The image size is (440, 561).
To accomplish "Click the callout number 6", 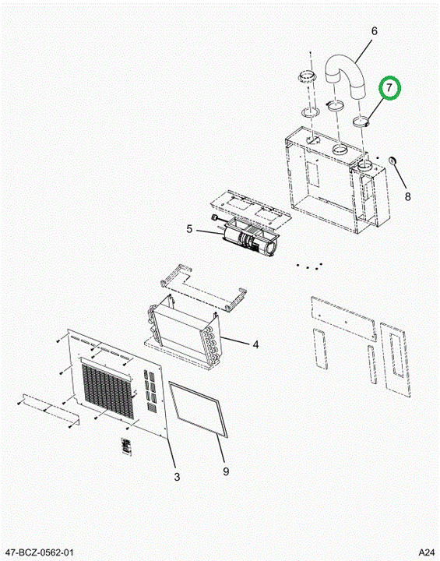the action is [x=374, y=31].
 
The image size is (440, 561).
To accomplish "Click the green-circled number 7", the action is [x=389, y=87].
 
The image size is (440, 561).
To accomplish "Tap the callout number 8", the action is [x=407, y=196].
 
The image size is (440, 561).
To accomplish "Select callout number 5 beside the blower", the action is [x=189, y=228].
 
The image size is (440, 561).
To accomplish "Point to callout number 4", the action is [x=255, y=344].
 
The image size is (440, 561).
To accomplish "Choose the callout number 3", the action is [x=177, y=477].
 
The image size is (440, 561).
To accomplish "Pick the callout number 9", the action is [x=225, y=471].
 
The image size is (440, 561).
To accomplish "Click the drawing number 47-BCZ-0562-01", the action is [x=40, y=552].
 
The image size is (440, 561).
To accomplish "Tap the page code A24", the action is [x=427, y=552].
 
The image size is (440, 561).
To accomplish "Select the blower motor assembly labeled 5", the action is [x=248, y=238].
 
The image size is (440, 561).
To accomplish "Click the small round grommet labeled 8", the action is [x=392, y=161].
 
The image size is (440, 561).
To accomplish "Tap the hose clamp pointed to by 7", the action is [x=361, y=122].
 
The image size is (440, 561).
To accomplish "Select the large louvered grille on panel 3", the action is [x=107, y=391].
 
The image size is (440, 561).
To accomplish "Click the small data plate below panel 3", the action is [x=126, y=446].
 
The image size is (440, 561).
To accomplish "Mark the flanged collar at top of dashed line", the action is [x=307, y=76].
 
